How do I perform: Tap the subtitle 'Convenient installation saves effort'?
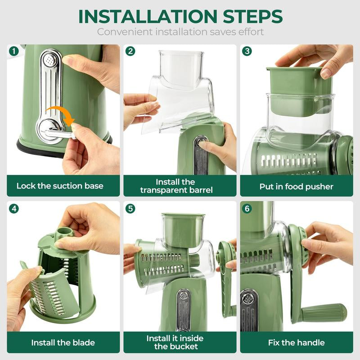[180, 32]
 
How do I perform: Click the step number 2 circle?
[130, 51]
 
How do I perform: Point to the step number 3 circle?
[247, 51]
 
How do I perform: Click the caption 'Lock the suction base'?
[60, 186]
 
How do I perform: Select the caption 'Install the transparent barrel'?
[176, 186]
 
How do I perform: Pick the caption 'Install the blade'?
[63, 342]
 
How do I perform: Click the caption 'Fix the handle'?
[296, 342]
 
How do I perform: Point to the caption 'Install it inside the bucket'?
[175, 342]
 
